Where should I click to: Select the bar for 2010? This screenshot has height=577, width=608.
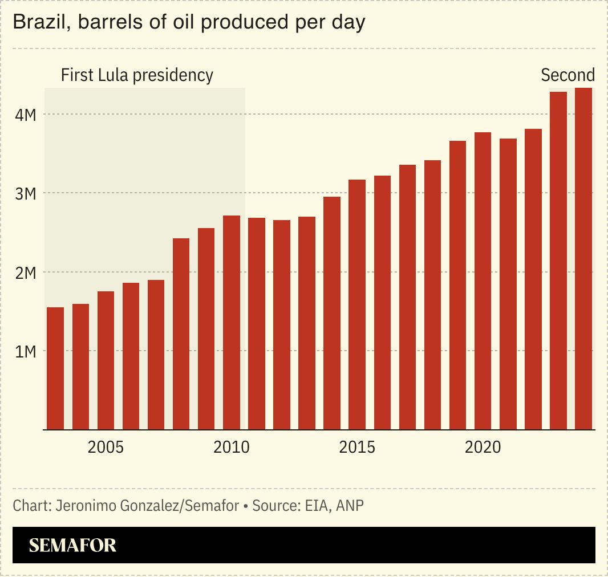click(x=232, y=322)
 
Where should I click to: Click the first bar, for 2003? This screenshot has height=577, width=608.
click(x=55, y=368)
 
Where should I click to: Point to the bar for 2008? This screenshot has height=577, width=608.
click(x=181, y=334)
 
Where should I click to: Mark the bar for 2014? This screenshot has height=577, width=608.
click(x=332, y=313)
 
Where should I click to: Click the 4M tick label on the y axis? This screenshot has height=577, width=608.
click(x=26, y=115)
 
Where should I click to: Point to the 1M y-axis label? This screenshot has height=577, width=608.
click(x=26, y=351)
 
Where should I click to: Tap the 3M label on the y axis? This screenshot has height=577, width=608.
click(x=26, y=194)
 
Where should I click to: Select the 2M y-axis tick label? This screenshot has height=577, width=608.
click(x=26, y=273)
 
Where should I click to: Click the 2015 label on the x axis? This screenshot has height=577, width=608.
click(x=357, y=447)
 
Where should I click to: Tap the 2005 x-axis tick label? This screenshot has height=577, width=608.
click(x=106, y=447)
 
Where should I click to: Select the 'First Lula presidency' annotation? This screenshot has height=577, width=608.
click(x=137, y=75)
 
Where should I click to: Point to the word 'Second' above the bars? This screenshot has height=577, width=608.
click(x=568, y=75)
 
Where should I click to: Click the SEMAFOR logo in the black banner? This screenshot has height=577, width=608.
click(x=72, y=546)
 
